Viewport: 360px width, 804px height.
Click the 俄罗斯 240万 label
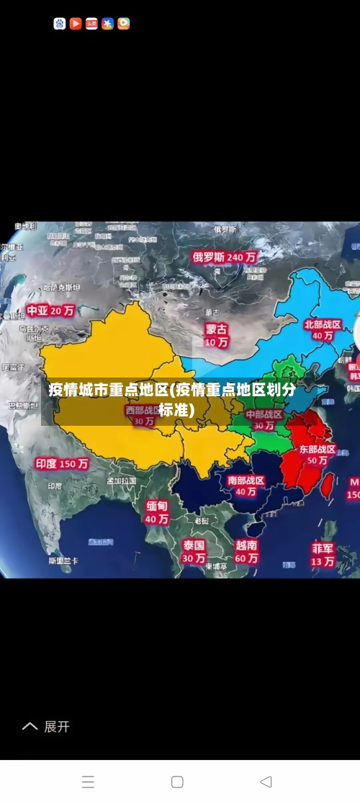click(225, 256)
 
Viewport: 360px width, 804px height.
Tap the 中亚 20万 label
click(50, 311)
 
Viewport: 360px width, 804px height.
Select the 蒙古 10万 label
click(216, 335)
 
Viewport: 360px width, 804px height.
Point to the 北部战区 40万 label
click(323, 330)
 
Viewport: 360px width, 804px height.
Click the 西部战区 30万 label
click(144, 416)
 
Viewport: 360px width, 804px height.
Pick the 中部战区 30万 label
click(264, 419)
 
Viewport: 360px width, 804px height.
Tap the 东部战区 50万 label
click(318, 454)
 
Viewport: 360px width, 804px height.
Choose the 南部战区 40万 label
click(246, 486)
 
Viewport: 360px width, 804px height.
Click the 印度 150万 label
click(62, 464)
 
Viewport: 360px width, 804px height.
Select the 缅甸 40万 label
click(157, 512)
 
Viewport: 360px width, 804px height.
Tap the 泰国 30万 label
click(194, 551)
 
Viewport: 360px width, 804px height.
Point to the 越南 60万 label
click(246, 551)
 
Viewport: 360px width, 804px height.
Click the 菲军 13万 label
click(323, 554)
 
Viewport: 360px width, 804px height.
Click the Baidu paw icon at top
click(60, 24)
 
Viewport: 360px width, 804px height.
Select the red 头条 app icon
click(91, 24)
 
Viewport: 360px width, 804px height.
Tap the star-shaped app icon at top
click(107, 24)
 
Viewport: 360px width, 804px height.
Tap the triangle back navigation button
click(266, 782)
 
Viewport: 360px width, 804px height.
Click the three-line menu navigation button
click(88, 782)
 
